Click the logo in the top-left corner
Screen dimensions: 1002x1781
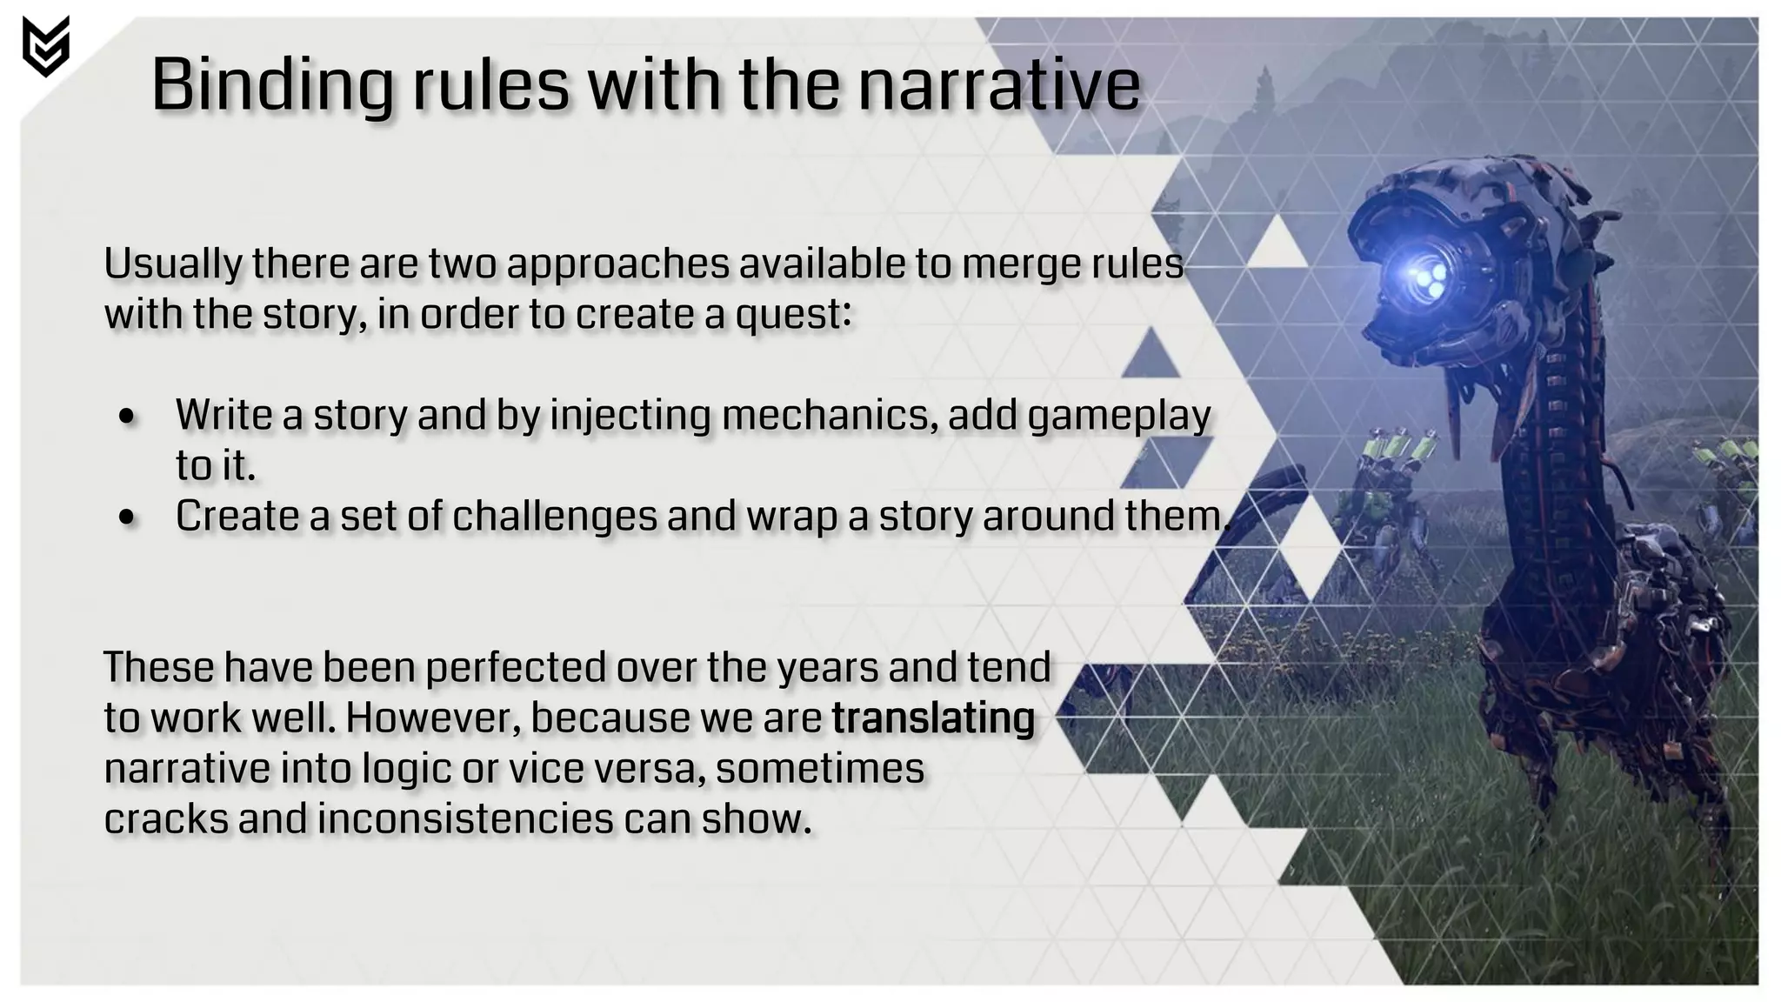point(45,46)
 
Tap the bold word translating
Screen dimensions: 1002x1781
point(933,719)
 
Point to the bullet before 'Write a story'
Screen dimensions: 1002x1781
point(128,416)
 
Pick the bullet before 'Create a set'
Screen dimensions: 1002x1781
point(128,518)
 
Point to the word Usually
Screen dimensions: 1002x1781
point(173,264)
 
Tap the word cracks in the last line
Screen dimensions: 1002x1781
point(166,819)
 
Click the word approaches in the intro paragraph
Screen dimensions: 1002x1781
point(617,264)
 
